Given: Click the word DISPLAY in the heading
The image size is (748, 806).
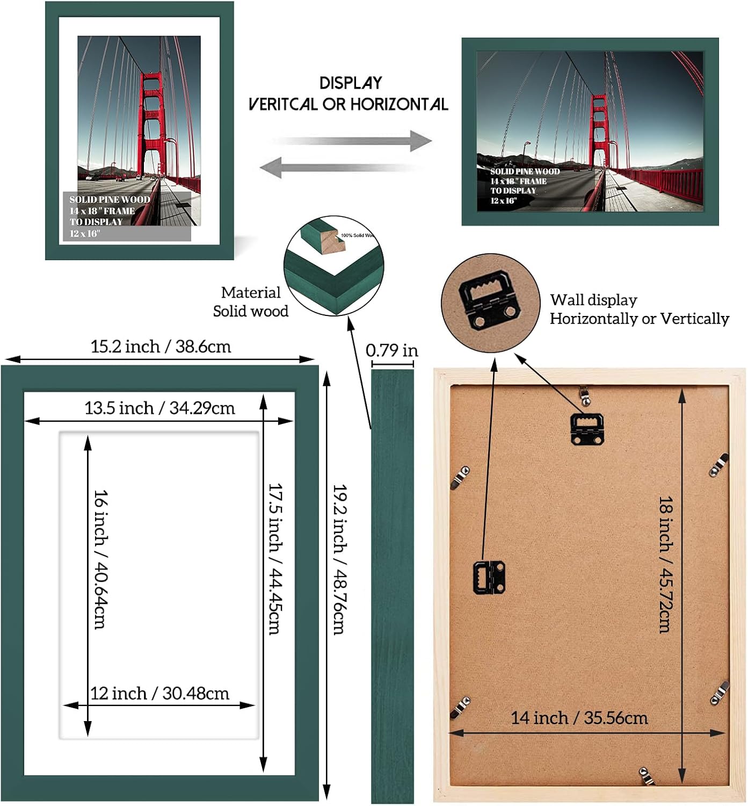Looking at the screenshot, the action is [x=351, y=83].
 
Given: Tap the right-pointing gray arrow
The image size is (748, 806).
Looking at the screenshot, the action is [x=354, y=141].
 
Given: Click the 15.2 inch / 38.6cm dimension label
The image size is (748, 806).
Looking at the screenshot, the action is [x=161, y=347].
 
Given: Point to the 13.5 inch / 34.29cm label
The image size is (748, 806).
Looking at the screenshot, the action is [x=159, y=408].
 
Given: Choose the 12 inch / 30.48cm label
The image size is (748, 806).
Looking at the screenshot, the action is [x=159, y=693].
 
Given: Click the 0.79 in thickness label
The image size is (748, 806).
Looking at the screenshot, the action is [x=391, y=350].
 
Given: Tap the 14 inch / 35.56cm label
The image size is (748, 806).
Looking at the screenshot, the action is [x=579, y=718].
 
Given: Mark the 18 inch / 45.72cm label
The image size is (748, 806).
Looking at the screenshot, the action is [x=666, y=564].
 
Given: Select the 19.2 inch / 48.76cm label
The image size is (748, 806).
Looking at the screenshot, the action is [x=339, y=559].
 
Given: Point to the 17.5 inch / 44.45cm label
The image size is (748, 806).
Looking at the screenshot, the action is [x=275, y=559].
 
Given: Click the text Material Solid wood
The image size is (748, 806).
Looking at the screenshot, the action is [x=251, y=301].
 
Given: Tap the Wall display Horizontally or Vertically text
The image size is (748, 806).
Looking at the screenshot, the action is [x=639, y=309].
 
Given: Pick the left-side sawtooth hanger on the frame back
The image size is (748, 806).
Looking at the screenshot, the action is [x=489, y=577].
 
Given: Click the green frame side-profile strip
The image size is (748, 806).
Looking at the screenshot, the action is [x=393, y=586].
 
